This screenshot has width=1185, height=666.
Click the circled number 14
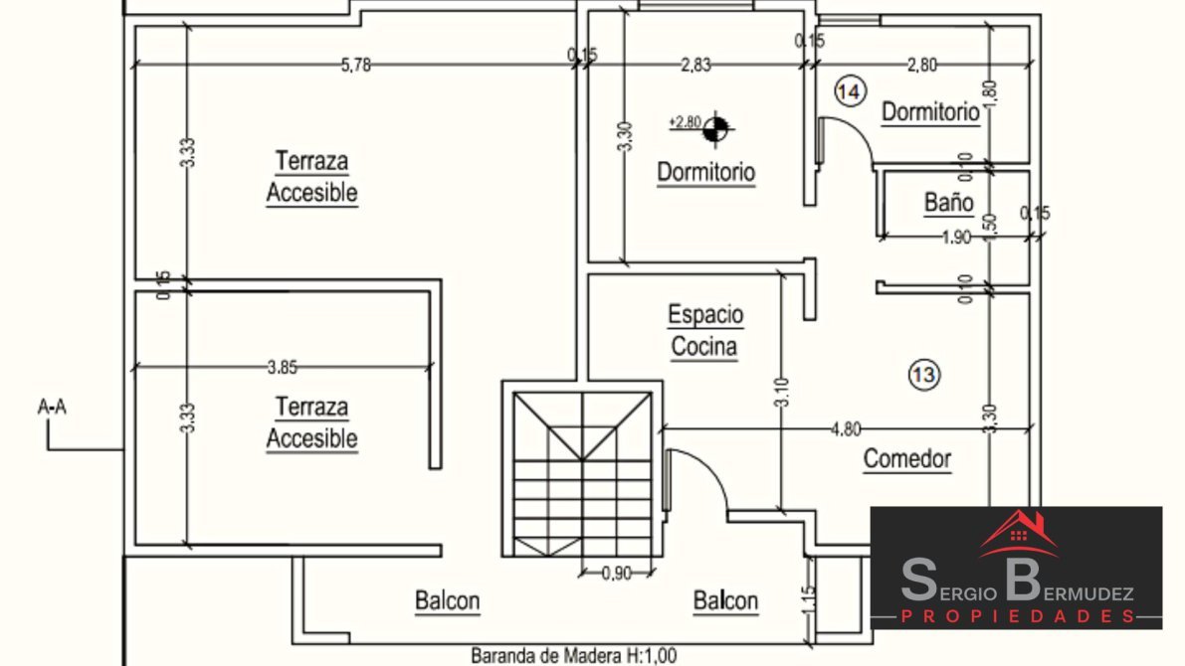[849, 92]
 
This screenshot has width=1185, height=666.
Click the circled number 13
[923, 374]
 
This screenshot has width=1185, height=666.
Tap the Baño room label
[948, 203]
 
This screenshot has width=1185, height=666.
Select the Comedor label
[906, 459]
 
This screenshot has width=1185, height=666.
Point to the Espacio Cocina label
[704, 331]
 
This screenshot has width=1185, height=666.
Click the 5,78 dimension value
[356, 66]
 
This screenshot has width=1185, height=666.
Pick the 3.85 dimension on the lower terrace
[283, 367]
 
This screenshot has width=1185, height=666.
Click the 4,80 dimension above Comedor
[846, 428]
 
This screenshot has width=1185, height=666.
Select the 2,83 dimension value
[695, 66]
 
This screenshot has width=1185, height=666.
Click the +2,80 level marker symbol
[717, 126]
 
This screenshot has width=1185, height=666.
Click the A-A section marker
[52, 406]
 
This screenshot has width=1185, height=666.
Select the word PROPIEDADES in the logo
[1017, 617]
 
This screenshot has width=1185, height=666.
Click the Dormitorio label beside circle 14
[930, 112]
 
